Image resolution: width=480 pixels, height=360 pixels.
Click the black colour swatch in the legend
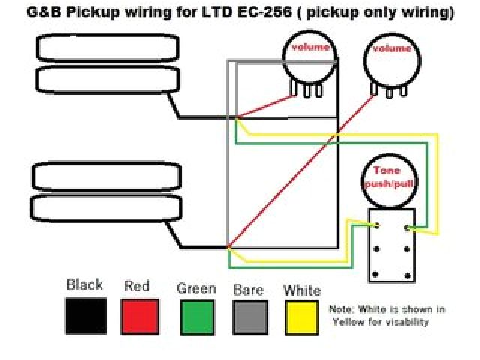(x=85, y=316)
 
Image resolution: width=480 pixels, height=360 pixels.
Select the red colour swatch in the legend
(x=140, y=316)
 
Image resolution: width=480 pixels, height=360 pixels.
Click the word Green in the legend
(x=196, y=289)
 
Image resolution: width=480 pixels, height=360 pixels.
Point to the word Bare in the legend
(x=248, y=289)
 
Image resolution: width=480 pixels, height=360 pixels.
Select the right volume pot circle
(x=391, y=60)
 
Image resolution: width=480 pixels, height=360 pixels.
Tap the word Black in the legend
(x=85, y=285)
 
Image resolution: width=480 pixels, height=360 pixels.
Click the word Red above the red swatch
(x=136, y=286)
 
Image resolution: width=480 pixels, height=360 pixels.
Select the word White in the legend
(x=302, y=289)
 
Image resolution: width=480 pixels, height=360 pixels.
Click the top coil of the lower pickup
(x=108, y=177)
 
